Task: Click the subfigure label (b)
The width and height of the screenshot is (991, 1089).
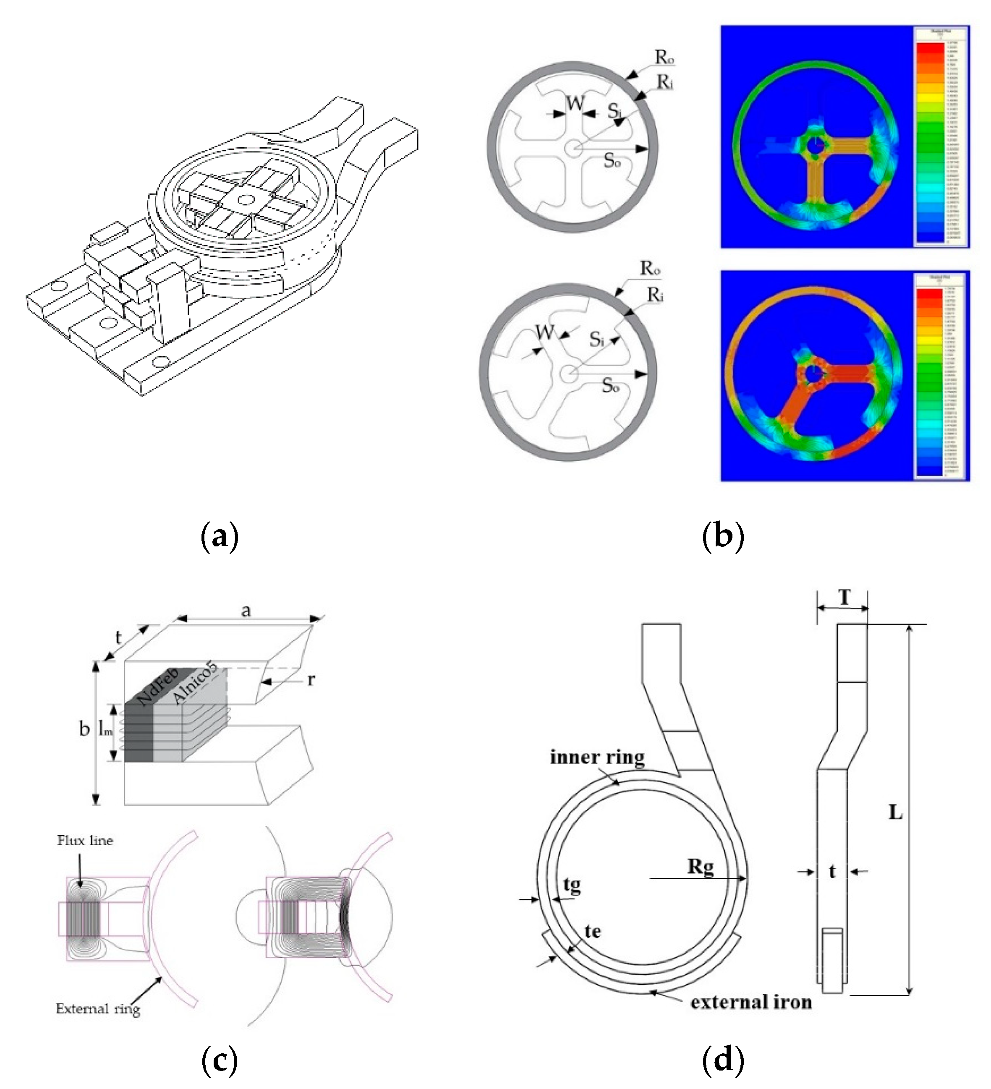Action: tap(723, 536)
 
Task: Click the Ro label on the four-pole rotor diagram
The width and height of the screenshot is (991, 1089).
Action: tap(664, 57)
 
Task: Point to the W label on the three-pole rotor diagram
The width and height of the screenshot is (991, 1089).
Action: tap(545, 332)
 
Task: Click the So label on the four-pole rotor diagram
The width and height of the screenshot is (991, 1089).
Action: tap(612, 160)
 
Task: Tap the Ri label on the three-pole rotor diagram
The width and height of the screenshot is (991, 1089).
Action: tap(655, 295)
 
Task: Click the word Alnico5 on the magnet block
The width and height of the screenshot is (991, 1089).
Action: tap(194, 683)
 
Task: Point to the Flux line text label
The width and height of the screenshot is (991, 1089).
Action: tap(85, 841)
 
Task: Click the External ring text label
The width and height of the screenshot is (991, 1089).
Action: tap(98, 1009)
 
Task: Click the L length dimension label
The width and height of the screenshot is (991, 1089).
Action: tap(895, 812)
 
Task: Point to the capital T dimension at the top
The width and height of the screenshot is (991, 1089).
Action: tap(844, 598)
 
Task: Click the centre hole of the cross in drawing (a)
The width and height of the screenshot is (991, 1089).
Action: tap(246, 200)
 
